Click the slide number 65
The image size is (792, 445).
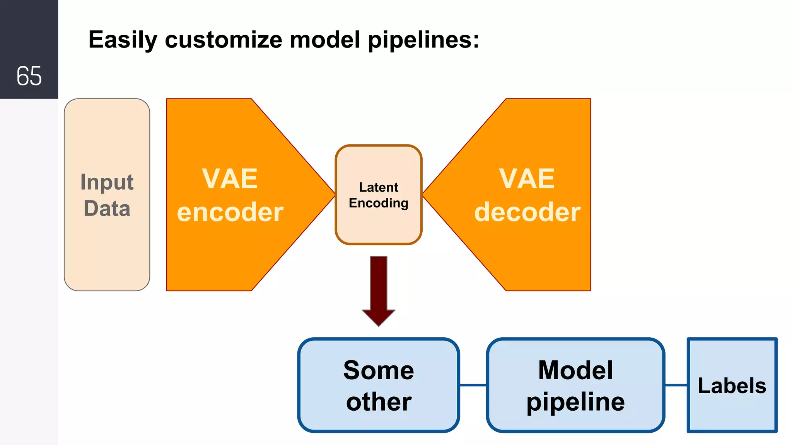(x=29, y=76)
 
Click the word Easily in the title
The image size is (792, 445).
(x=123, y=40)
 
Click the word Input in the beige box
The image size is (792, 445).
(x=107, y=182)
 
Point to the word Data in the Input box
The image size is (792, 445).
(x=107, y=209)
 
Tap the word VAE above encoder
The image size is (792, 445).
(x=230, y=179)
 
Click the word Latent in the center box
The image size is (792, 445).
(x=379, y=187)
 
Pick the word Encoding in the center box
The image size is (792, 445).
(x=379, y=203)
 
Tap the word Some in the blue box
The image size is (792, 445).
(x=379, y=370)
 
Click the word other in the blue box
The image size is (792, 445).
(x=379, y=402)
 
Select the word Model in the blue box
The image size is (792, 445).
(x=575, y=370)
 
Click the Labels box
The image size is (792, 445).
(x=732, y=386)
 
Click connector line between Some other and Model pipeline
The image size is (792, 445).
(x=473, y=385)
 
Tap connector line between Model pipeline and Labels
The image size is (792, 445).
(x=676, y=385)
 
